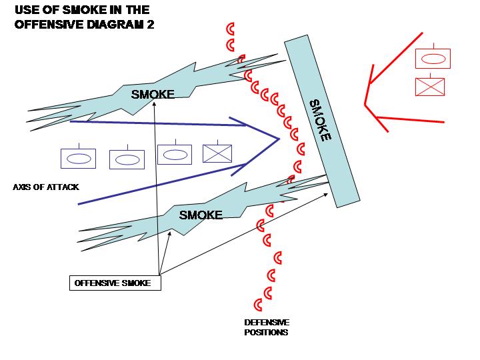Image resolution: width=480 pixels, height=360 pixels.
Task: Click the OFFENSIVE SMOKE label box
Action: tap(115, 283)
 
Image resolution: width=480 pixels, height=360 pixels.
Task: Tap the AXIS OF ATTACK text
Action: tap(46, 187)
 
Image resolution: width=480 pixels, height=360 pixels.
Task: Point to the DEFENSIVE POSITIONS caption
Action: tap(266, 327)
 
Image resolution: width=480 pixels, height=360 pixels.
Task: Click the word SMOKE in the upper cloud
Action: tap(153, 94)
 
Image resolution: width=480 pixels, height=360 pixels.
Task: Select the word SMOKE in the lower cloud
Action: tap(201, 215)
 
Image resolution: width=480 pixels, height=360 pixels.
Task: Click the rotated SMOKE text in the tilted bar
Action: tap(320, 120)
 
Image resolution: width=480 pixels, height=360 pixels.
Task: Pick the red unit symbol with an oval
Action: tap(433, 59)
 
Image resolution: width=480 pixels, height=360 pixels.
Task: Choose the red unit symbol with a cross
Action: tap(430, 87)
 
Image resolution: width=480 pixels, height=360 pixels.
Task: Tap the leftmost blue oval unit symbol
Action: tap(78, 159)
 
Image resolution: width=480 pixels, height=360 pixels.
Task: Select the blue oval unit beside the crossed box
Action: tap(175, 154)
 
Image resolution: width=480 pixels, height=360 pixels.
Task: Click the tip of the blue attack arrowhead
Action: tap(278, 139)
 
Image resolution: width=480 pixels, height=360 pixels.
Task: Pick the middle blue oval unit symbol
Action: tap(127, 159)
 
